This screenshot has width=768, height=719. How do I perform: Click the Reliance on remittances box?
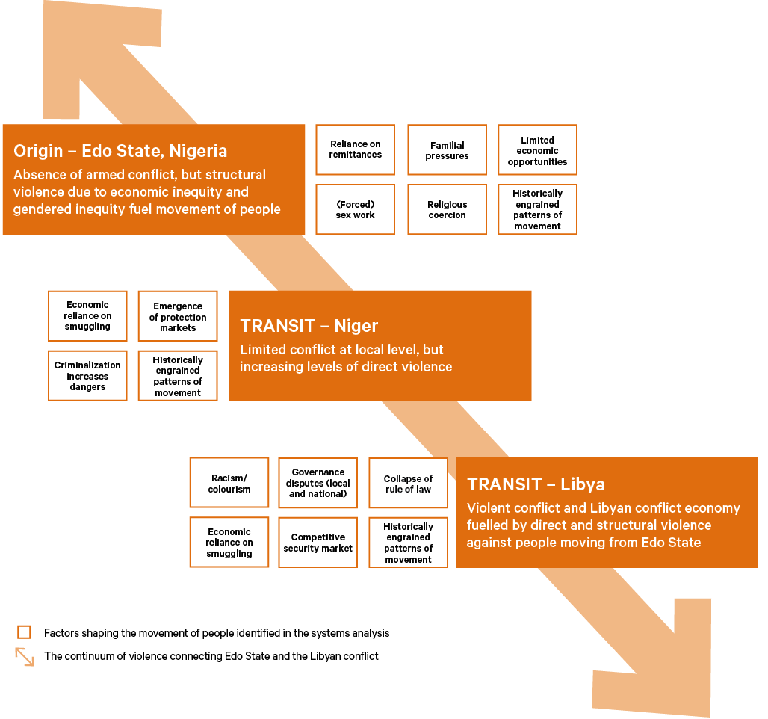click(355, 149)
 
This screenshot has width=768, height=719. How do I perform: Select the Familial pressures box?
click(447, 150)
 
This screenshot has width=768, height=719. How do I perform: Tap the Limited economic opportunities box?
click(537, 150)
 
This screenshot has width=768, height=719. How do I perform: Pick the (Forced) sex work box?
click(355, 209)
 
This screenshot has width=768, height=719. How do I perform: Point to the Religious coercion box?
click(447, 209)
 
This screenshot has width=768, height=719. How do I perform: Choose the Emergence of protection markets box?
click(178, 316)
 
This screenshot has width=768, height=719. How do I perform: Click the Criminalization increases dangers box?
click(87, 376)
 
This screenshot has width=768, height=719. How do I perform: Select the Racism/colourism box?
click(229, 483)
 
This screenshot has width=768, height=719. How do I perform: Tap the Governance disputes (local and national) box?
click(318, 483)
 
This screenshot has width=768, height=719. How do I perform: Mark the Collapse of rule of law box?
click(408, 483)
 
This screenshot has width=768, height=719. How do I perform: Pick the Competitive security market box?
click(318, 543)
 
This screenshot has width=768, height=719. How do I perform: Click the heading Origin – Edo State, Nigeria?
click(120, 151)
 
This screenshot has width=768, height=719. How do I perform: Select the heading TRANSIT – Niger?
click(309, 326)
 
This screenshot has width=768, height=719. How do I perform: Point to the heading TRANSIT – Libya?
click(536, 484)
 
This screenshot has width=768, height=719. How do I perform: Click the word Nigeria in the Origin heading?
click(198, 151)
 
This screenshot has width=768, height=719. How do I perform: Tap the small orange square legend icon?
click(24, 632)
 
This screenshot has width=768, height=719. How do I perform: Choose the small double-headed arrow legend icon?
click(25, 656)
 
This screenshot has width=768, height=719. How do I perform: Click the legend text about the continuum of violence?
click(211, 656)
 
